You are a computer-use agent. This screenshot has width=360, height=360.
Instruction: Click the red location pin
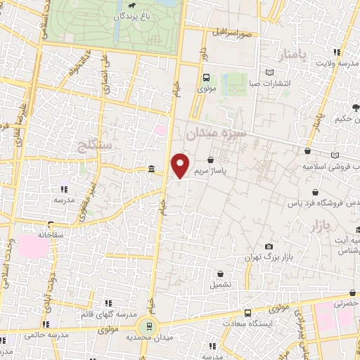(181, 166)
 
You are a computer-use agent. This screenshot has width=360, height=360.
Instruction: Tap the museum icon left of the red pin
(153, 169)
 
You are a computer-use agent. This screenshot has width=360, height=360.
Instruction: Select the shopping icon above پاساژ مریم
(211, 160)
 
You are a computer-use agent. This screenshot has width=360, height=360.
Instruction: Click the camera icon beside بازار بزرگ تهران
(269, 246)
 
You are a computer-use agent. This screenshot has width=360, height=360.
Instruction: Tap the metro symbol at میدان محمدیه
(148, 327)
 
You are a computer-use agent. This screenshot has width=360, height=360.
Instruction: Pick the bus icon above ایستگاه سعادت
(247, 312)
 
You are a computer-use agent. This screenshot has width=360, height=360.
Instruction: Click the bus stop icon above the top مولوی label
(206, 79)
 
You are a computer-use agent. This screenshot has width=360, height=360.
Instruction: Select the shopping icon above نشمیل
(221, 274)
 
